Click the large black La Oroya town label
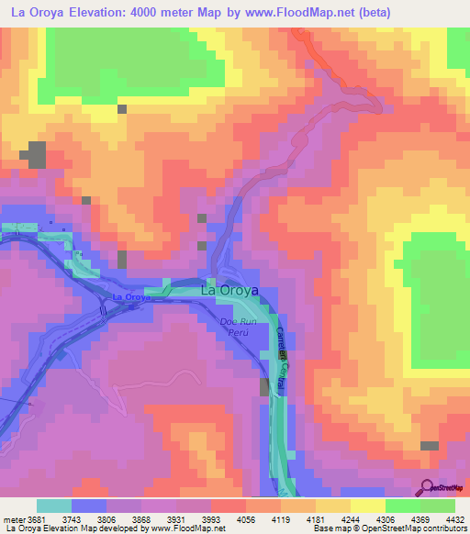coord(229,291)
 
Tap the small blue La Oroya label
coord(131,298)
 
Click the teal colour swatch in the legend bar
coord(54,506)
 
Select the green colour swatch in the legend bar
coord(438,506)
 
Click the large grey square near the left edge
coord(36,155)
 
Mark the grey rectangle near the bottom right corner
coord(429,446)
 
